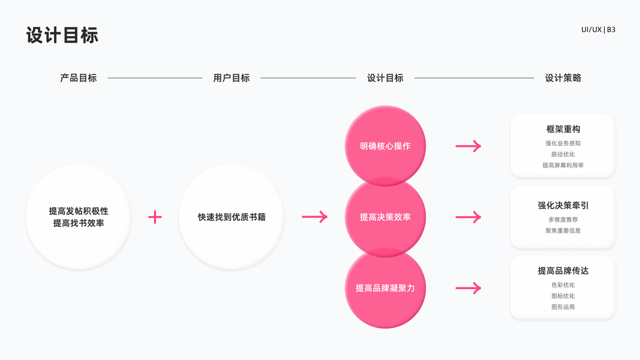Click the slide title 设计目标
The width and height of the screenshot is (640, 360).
click(x=62, y=35)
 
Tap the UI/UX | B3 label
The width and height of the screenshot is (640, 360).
click(x=598, y=29)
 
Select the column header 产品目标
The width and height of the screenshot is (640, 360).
click(x=79, y=78)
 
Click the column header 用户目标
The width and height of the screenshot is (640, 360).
click(x=232, y=78)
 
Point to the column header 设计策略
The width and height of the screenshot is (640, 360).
click(x=563, y=78)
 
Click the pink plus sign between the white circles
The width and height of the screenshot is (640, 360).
click(x=155, y=217)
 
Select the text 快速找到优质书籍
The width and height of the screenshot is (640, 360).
click(x=232, y=217)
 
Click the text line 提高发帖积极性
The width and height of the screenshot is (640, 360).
click(x=79, y=211)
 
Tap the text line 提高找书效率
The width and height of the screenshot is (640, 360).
click(x=79, y=223)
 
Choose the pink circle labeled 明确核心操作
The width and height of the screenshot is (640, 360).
click(x=385, y=146)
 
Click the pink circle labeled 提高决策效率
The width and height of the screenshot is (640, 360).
click(x=385, y=217)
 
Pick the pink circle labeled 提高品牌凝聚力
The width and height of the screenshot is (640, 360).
click(x=385, y=288)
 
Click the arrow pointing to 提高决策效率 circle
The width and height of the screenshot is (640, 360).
click(x=315, y=217)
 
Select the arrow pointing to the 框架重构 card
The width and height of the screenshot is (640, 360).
click(x=468, y=146)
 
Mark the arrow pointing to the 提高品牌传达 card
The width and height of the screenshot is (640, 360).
click(x=468, y=288)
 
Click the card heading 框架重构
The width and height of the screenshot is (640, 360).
click(x=563, y=129)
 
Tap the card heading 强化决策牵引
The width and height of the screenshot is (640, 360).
click(x=563, y=205)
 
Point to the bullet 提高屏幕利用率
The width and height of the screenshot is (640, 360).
click(x=563, y=165)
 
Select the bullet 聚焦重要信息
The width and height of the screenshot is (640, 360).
click(x=563, y=230)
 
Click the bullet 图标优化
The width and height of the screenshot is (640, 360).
click(x=563, y=296)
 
